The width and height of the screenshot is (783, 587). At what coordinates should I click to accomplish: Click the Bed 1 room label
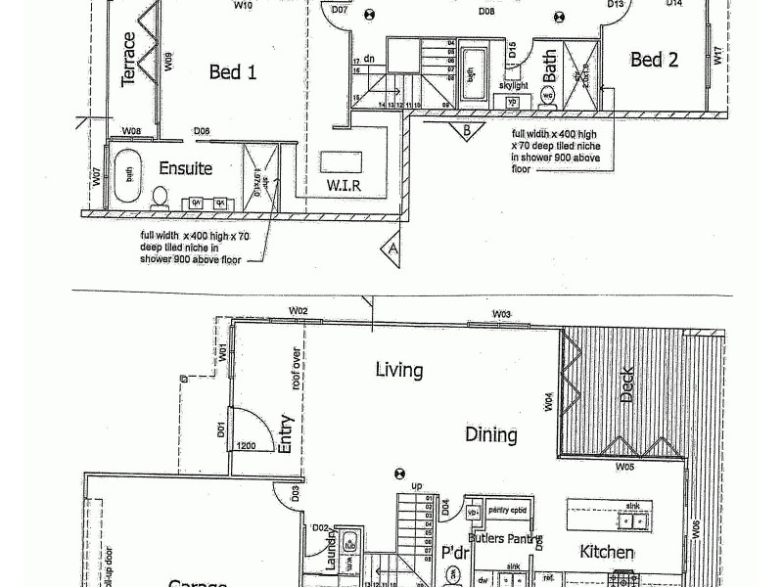[233, 71]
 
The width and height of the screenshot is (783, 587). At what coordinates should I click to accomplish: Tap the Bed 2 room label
[654, 60]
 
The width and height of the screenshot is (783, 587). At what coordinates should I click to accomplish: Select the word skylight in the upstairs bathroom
[515, 85]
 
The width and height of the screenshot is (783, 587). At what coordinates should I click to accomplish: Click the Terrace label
[128, 59]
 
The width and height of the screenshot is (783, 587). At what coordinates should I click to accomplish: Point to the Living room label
[399, 370]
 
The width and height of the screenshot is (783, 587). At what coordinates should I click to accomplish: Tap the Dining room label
[490, 434]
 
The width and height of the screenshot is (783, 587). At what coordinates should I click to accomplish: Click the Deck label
[627, 384]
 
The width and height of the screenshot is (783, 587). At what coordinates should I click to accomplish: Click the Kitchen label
[607, 552]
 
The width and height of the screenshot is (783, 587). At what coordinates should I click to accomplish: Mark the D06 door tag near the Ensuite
[202, 131]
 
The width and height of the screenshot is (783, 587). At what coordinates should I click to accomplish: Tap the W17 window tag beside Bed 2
[717, 56]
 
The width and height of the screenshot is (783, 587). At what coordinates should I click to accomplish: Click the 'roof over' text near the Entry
[293, 369]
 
